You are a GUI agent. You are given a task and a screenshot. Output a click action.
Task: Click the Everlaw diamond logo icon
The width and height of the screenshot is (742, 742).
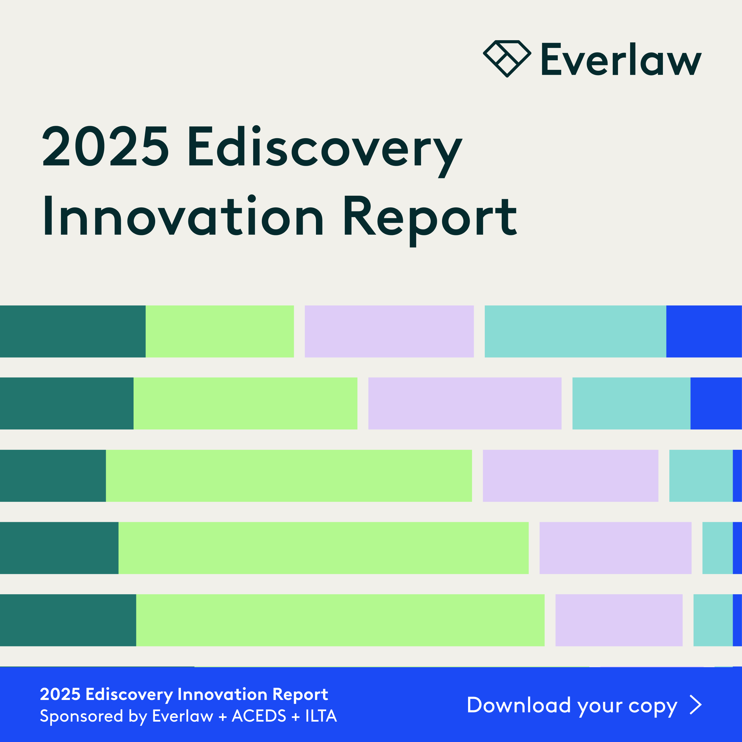pos(507,59)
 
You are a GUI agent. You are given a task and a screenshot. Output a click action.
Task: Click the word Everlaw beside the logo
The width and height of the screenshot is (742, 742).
pos(621,60)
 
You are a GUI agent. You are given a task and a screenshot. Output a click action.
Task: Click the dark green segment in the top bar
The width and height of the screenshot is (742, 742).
pos(73,331)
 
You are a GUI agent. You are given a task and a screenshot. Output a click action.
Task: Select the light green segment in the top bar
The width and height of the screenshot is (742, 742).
pos(220,331)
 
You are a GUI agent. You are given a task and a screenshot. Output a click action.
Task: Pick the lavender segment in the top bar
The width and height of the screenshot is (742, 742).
pos(389,331)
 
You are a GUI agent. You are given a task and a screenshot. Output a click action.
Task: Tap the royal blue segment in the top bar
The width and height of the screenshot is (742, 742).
pos(704,331)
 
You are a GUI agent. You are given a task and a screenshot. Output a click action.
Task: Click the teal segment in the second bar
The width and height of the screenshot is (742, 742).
pos(631,403)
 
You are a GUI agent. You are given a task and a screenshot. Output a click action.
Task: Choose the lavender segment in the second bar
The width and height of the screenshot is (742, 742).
pos(465,403)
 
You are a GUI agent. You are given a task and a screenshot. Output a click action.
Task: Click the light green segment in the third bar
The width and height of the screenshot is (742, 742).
pos(289,475)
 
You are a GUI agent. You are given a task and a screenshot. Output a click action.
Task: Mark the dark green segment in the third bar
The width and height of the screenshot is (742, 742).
pos(53,475)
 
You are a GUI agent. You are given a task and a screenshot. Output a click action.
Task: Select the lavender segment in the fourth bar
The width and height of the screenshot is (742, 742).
pos(615,548)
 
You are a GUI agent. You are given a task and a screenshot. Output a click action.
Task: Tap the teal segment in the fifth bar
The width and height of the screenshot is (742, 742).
pos(713,620)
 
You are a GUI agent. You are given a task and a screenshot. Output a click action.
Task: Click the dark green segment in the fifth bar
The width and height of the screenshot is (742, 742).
pos(68,620)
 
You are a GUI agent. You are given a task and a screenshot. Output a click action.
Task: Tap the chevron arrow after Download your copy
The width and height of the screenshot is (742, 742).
pos(696,705)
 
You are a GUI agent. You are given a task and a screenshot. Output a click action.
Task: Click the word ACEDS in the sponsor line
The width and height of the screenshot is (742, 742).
pos(259,716)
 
